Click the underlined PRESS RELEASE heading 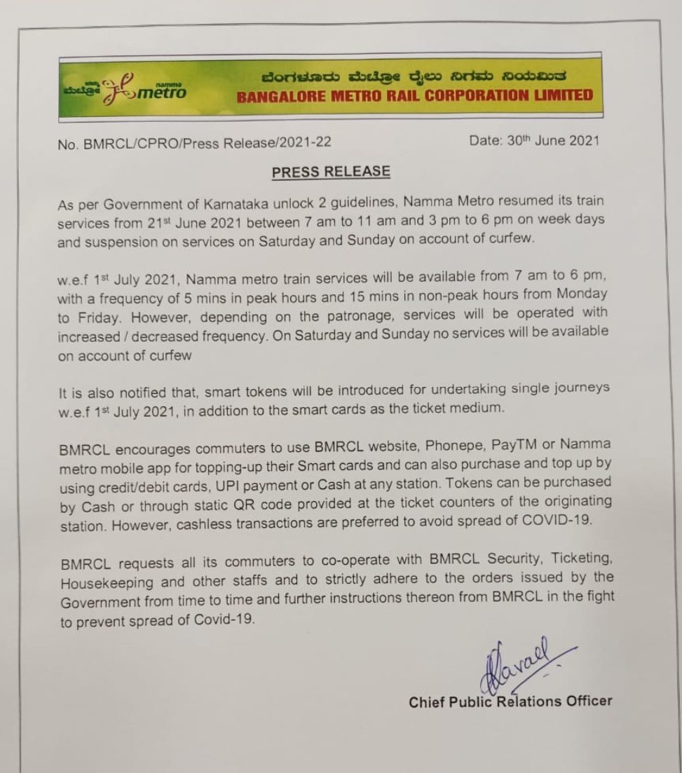[x=331, y=172]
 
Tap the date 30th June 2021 [x=534, y=140]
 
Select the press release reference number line [x=196, y=143]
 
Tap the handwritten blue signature [x=519, y=662]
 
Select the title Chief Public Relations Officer [x=510, y=702]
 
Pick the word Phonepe [x=449, y=445]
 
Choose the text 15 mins [x=411, y=295]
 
